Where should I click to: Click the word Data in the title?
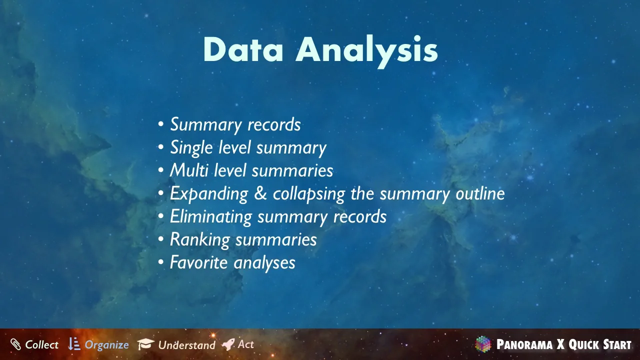tap(243, 49)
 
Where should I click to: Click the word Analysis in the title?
tap(367, 51)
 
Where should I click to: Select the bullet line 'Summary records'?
tap(235, 125)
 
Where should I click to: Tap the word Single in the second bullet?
tap(191, 148)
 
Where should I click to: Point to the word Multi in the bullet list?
tap(189, 170)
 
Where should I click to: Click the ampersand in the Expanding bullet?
tap(260, 193)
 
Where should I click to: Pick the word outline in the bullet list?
tap(480, 193)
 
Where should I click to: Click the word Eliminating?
tap(211, 216)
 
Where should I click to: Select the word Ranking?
tap(199, 239)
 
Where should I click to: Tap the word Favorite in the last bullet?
tap(198, 262)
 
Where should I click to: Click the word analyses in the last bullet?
tap(264, 263)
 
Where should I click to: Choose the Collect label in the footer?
tap(41, 344)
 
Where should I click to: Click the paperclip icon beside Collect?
tap(15, 344)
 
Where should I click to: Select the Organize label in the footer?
tap(107, 345)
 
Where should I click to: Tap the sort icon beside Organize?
tap(74, 343)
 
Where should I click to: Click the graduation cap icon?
tap(145, 344)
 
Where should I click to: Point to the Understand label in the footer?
tap(187, 345)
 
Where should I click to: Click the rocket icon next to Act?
tap(228, 344)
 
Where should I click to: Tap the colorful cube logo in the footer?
tap(483, 344)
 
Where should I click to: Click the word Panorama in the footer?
tap(524, 344)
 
